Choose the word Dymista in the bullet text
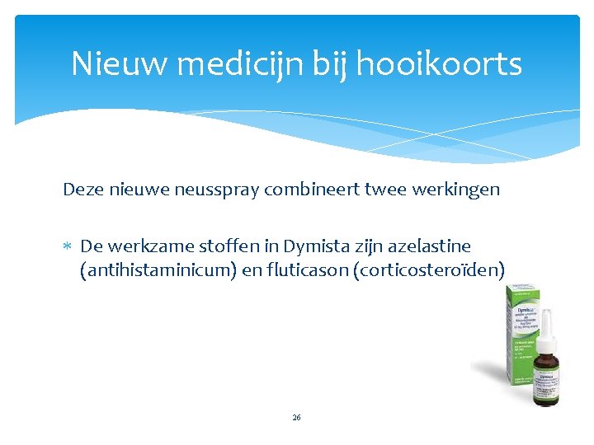coord(317,246)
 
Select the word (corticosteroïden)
coord(429,269)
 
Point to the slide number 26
coord(296,418)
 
